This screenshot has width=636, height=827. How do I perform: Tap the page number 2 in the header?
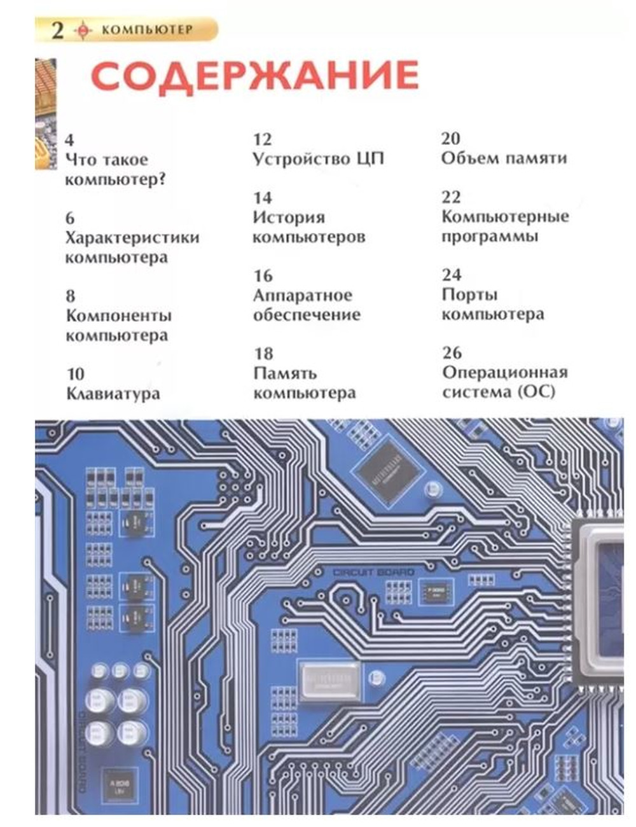[57, 30]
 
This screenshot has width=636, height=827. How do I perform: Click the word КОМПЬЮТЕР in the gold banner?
[147, 30]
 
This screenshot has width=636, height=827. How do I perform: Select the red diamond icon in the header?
[83, 31]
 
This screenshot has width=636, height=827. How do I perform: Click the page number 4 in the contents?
[69, 140]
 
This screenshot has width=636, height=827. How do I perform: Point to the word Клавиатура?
[113, 394]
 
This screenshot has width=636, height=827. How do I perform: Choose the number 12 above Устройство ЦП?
[263, 139]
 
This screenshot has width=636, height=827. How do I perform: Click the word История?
[289, 218]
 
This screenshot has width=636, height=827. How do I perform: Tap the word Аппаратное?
[303, 295]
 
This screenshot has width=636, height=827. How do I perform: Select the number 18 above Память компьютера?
[263, 354]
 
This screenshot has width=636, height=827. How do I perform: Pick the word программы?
[490, 237]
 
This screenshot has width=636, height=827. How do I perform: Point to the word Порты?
[470, 295]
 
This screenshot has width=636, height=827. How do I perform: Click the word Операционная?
[505, 372]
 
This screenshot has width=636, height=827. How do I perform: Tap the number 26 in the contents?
[452, 352]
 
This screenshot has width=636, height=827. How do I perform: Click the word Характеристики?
[132, 237]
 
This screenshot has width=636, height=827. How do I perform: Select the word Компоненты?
[119, 316]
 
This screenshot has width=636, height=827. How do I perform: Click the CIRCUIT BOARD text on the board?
[373, 573]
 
